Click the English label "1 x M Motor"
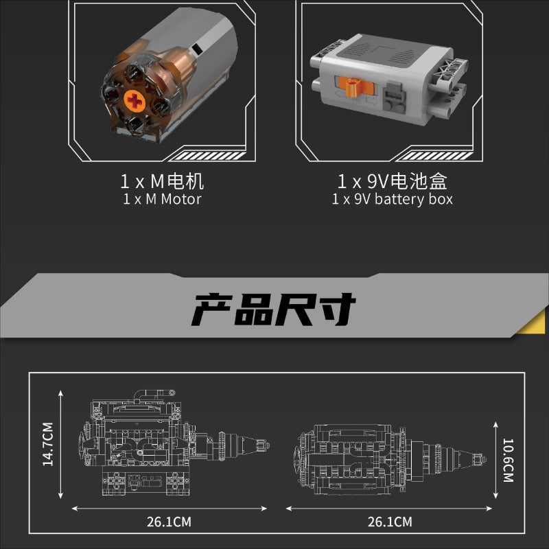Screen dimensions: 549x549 point(162,199)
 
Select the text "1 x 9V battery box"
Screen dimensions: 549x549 point(392,199)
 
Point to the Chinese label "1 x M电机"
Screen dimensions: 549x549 point(162,182)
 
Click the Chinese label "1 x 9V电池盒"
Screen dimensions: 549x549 point(392,182)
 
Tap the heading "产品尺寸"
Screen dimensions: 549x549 point(274,310)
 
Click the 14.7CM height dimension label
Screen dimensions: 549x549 point(47,444)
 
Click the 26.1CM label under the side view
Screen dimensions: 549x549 point(169,522)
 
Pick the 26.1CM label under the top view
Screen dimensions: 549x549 point(390,522)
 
